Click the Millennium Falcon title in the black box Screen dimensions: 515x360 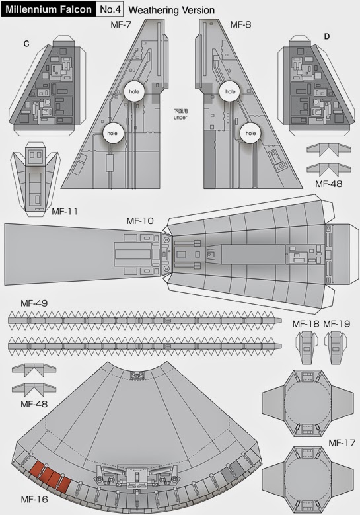[48, 9]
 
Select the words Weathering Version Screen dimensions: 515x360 [171, 10]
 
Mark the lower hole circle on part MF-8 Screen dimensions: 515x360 [250, 132]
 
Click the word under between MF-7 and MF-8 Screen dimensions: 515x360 [181, 118]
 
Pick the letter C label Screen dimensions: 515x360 [26, 44]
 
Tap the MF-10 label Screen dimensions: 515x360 [141, 219]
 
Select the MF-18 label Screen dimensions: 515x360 [305, 324]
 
